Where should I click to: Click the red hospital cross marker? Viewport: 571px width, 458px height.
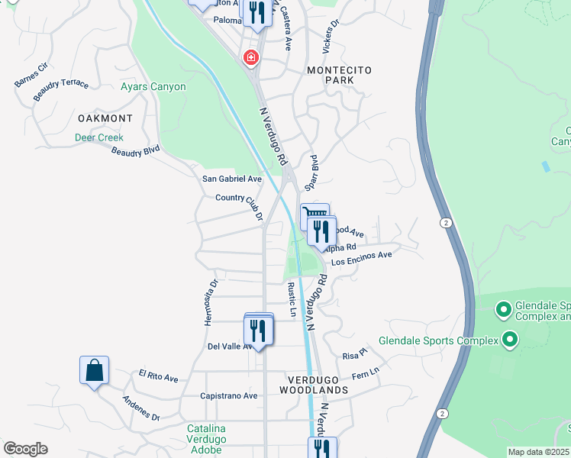(250, 58)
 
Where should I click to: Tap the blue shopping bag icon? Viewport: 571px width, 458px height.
(94, 371)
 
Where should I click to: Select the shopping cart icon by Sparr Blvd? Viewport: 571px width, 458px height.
(312, 214)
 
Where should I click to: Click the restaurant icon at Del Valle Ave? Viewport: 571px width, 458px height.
(258, 331)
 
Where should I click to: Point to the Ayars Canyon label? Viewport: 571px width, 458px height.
(153, 87)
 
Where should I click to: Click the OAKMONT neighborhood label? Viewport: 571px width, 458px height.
(105, 119)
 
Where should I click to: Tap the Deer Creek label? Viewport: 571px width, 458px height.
(98, 138)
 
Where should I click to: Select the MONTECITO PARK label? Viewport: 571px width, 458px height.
(339, 75)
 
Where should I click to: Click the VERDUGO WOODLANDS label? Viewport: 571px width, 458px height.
(318, 384)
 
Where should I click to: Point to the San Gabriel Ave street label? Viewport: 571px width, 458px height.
(231, 179)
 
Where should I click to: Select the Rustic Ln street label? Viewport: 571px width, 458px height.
(292, 300)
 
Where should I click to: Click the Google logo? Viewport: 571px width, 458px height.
(25, 449)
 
